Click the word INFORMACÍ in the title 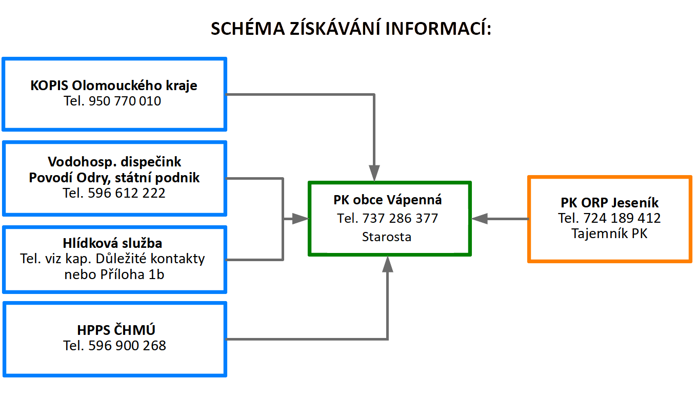tap(438, 28)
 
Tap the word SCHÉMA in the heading tap(248, 28)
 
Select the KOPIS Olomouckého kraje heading tap(113, 86)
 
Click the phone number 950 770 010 tap(125, 101)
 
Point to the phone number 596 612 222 tap(126, 193)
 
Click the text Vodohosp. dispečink tap(114, 162)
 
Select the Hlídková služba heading tap(112, 243)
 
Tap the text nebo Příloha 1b tap(114, 274)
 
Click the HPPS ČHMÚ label tap(116, 330)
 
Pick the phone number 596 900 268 tap(127, 346)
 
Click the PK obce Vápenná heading tap(387, 200)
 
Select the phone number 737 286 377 tap(400, 219)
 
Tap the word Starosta tap(387, 237)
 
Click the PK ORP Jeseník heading tap(609, 203)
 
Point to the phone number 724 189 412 tap(622, 218)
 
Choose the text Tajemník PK tap(609, 234)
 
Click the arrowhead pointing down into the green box tap(374, 173)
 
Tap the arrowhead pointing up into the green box tap(388, 264)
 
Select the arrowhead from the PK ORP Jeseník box tap(480, 219)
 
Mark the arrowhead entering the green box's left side tap(300, 219)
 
